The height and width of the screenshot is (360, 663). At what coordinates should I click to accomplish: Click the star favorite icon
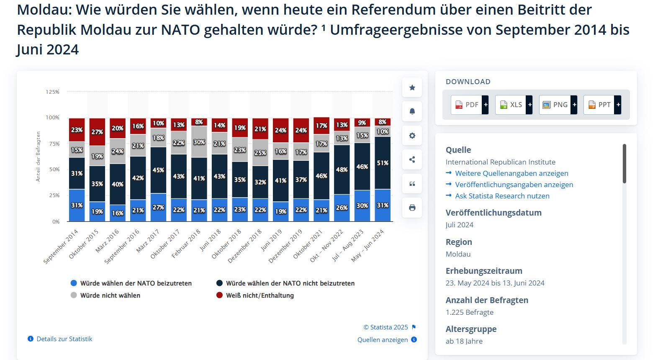click(x=412, y=87)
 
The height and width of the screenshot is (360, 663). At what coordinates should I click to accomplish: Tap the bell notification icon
click(x=412, y=111)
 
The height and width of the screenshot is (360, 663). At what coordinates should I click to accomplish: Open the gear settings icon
click(x=412, y=136)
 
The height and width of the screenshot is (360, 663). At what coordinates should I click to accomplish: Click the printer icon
click(x=412, y=208)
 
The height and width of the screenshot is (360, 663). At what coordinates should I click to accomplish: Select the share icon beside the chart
click(x=412, y=159)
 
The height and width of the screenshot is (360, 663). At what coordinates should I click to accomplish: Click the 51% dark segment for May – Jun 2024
click(x=383, y=163)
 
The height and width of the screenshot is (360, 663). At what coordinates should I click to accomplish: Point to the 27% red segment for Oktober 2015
click(x=97, y=132)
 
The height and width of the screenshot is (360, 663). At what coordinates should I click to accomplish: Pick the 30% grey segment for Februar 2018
click(x=199, y=142)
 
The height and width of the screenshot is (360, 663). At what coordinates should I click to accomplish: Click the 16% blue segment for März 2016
click(x=118, y=213)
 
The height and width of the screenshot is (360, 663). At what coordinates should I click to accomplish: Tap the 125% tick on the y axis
click(x=52, y=92)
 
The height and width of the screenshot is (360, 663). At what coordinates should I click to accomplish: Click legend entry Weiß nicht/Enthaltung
click(x=255, y=296)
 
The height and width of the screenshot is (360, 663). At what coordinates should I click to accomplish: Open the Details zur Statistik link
click(x=60, y=339)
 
